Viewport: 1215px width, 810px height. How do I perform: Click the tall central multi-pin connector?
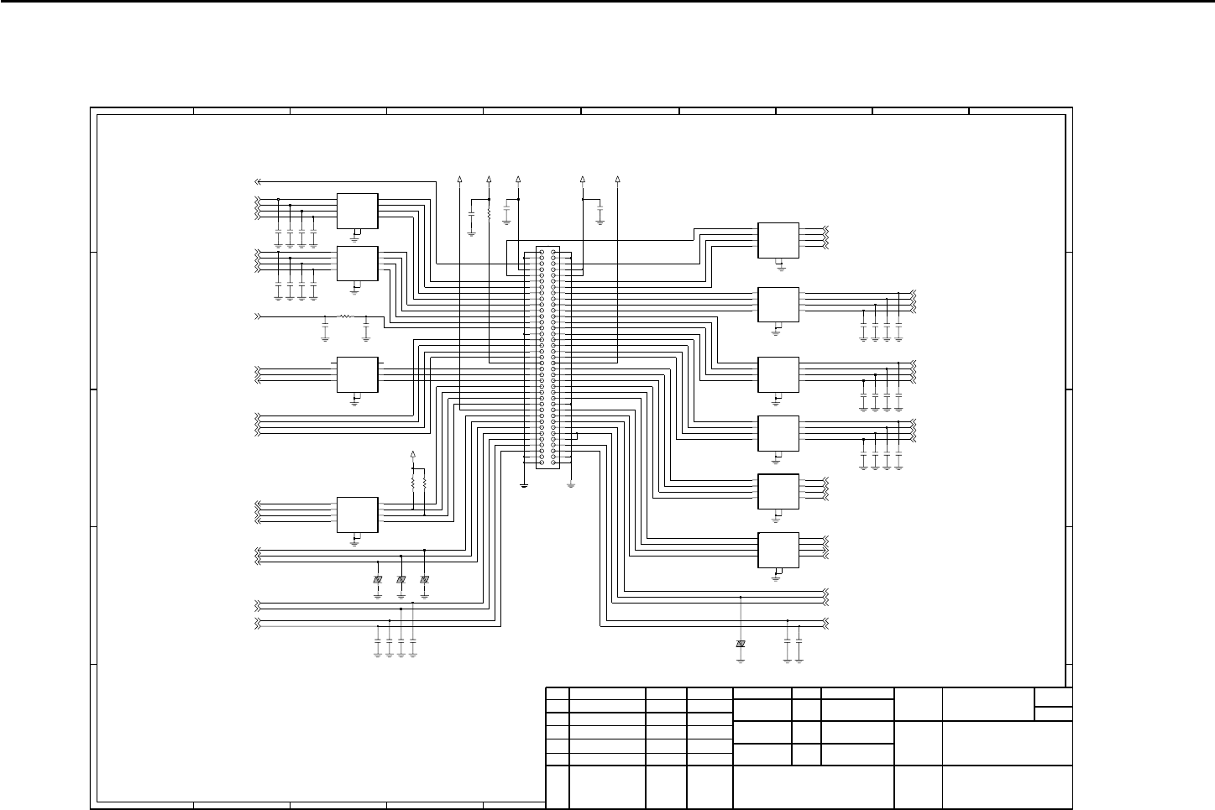click(547, 358)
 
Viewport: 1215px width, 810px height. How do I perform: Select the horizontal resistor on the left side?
click(345, 317)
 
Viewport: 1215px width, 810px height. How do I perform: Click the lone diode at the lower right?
click(741, 644)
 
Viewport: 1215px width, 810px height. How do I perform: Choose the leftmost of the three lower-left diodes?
click(378, 580)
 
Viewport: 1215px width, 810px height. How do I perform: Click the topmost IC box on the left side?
click(357, 210)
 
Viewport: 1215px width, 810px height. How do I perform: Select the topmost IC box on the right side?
click(778, 240)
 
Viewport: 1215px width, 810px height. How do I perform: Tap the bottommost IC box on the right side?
click(778, 550)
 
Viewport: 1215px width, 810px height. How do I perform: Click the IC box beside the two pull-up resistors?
click(357, 514)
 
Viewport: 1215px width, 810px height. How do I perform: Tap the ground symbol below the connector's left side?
click(524, 484)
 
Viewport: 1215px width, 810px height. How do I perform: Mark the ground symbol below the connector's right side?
click(570, 484)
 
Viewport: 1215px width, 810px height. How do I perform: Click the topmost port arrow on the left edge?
click(259, 181)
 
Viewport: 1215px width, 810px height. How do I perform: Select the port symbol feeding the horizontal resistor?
click(259, 317)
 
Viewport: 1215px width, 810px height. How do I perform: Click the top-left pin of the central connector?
click(542, 253)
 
